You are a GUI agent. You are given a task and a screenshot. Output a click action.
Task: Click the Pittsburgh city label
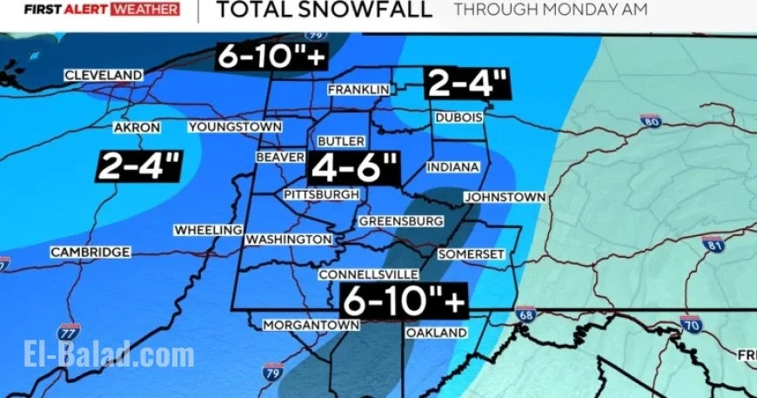[x=321, y=194]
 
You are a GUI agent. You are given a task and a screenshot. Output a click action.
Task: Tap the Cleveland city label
[x=103, y=76]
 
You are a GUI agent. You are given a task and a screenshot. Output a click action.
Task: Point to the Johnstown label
[x=505, y=198]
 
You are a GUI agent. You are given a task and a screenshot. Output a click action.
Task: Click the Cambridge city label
[x=90, y=252]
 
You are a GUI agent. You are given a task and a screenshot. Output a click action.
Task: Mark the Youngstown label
[x=235, y=127]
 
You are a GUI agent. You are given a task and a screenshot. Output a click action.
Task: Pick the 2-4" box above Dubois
[x=467, y=84]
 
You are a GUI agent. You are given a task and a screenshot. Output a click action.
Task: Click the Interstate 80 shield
[x=650, y=122]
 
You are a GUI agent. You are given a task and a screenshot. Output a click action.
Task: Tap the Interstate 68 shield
[x=525, y=314]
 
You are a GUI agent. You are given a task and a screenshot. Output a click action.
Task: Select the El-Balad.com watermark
[x=109, y=355]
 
